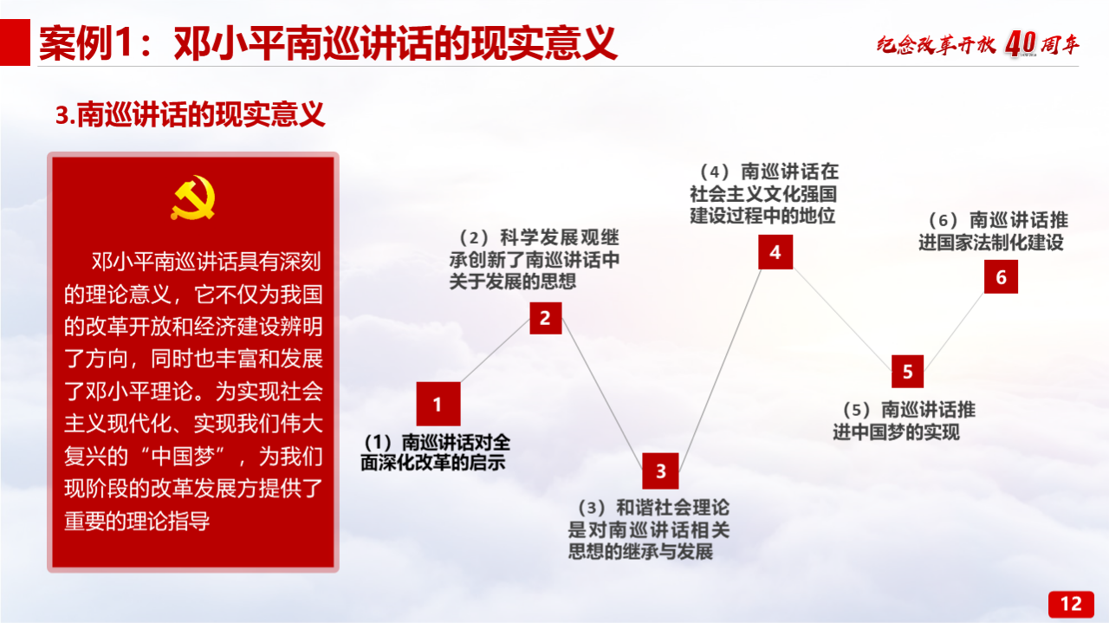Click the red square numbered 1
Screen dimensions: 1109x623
(x=438, y=404)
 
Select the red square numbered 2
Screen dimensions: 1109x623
(x=546, y=318)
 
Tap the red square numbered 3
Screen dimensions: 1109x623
(x=660, y=470)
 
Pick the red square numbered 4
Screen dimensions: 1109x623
(x=775, y=252)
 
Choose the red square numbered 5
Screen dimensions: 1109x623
(x=907, y=372)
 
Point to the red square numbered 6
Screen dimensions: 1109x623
(x=1001, y=276)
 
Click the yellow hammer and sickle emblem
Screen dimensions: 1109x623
(x=193, y=197)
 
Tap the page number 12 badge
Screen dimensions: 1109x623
(x=1071, y=604)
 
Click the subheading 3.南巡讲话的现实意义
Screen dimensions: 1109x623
(x=190, y=114)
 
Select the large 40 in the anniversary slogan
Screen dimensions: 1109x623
(x=1021, y=43)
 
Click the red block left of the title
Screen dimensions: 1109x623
(x=15, y=42)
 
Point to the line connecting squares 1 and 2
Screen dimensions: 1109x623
(x=495, y=350)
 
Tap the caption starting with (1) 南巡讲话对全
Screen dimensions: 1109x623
(x=435, y=452)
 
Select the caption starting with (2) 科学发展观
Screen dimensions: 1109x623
(x=535, y=259)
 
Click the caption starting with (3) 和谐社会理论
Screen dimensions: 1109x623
(x=649, y=529)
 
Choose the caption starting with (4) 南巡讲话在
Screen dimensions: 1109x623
(x=764, y=193)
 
